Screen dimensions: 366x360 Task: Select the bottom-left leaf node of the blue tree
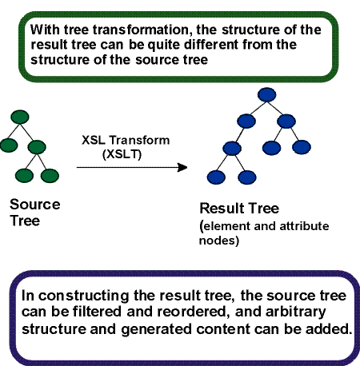point(214,176)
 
